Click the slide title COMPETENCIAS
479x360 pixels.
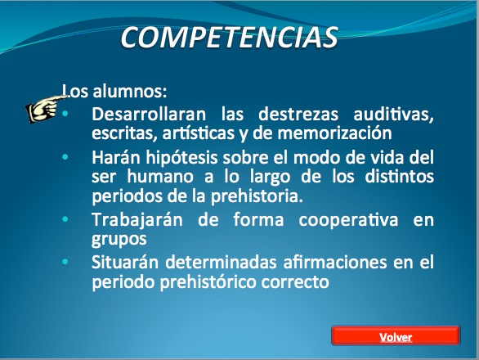tap(230, 37)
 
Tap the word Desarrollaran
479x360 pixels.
tap(149, 114)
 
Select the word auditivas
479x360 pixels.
tap(393, 115)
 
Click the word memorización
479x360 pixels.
tap(334, 133)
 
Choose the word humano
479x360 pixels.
tap(160, 177)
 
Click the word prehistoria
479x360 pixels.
tap(257, 196)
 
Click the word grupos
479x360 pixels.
tap(119, 240)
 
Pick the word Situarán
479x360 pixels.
tap(125, 263)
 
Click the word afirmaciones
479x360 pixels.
tap(335, 263)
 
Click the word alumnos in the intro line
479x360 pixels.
tap(129, 91)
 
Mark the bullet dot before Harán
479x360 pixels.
tap(65, 157)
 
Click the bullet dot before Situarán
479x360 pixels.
tap(65, 262)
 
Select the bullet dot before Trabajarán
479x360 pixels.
tap(65, 219)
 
